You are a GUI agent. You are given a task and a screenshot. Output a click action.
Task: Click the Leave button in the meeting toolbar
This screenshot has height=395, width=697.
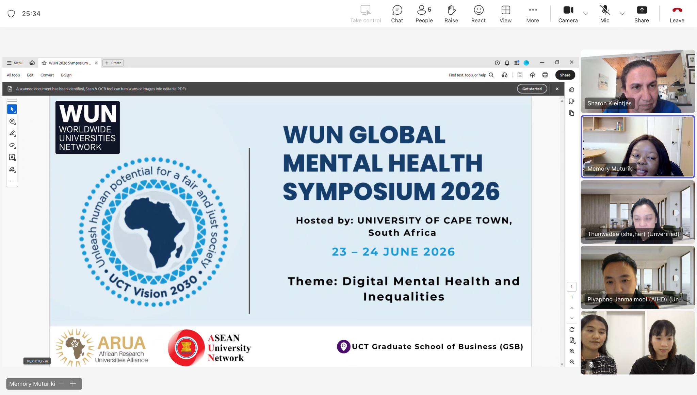pos(677,10)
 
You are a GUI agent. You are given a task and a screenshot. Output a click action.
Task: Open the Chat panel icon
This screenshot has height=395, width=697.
pos(397,10)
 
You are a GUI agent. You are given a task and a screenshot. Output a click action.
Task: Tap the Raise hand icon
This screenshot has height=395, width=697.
pos(451,10)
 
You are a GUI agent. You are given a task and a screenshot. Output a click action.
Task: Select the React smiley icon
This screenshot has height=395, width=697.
pos(479,10)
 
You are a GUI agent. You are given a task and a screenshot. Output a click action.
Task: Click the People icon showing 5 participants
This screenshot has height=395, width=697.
pos(424,10)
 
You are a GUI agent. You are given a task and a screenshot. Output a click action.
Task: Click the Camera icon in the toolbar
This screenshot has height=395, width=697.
pos(568,10)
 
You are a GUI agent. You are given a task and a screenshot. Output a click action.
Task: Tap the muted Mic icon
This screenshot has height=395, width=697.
pos(605,10)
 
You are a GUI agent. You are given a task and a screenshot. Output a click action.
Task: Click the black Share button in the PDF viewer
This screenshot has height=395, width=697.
pos(565,75)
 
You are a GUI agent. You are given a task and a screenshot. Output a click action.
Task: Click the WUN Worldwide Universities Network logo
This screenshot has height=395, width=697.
pos(87,128)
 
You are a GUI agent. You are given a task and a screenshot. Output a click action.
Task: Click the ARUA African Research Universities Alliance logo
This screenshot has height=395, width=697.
pos(101,347)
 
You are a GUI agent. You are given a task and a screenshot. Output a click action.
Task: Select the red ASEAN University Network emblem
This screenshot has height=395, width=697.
pos(186,348)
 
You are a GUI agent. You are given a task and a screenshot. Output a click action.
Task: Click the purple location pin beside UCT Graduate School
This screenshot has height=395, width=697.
pos(343,346)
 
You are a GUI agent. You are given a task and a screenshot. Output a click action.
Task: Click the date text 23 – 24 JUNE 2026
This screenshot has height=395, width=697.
pos(393,252)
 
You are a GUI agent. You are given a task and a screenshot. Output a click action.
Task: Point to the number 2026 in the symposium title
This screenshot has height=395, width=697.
pos(470,191)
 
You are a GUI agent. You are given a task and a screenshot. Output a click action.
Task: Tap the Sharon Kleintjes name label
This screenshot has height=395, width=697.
pos(609,103)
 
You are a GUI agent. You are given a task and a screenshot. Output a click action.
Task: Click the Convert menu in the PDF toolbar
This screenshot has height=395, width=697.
pos(47,75)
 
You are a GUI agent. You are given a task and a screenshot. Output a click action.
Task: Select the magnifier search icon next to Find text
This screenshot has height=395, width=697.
pos(491,75)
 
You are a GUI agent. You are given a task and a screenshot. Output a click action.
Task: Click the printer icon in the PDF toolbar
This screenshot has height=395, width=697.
pos(545,75)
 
